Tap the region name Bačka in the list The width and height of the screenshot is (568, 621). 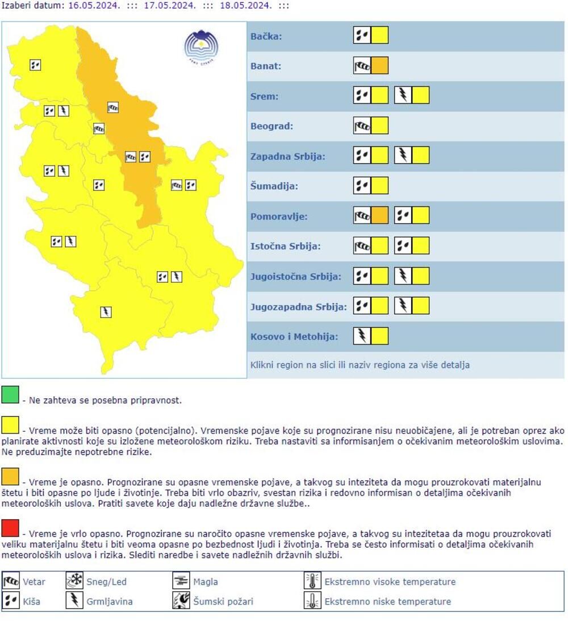click(x=266, y=37)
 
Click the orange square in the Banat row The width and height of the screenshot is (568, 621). click(x=380, y=66)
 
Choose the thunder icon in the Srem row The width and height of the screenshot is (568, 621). click(x=403, y=95)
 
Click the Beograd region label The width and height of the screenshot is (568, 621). click(x=272, y=126)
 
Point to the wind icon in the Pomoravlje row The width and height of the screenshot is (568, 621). click(x=362, y=216)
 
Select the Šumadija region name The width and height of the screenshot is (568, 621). click(x=274, y=186)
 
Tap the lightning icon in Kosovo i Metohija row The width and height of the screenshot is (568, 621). click(x=362, y=336)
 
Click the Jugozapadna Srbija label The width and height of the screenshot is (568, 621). click(x=298, y=307)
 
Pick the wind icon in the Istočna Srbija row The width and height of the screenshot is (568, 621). click(x=362, y=246)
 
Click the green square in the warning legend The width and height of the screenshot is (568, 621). click(x=10, y=394)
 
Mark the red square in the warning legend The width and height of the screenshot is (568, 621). click(x=10, y=528)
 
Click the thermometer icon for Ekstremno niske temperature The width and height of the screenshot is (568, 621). click(x=312, y=601)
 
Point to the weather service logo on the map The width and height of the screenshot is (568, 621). click(x=201, y=46)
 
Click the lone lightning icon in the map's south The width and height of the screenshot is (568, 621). click(x=106, y=312)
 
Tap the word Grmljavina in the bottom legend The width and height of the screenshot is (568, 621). click(x=109, y=601)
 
